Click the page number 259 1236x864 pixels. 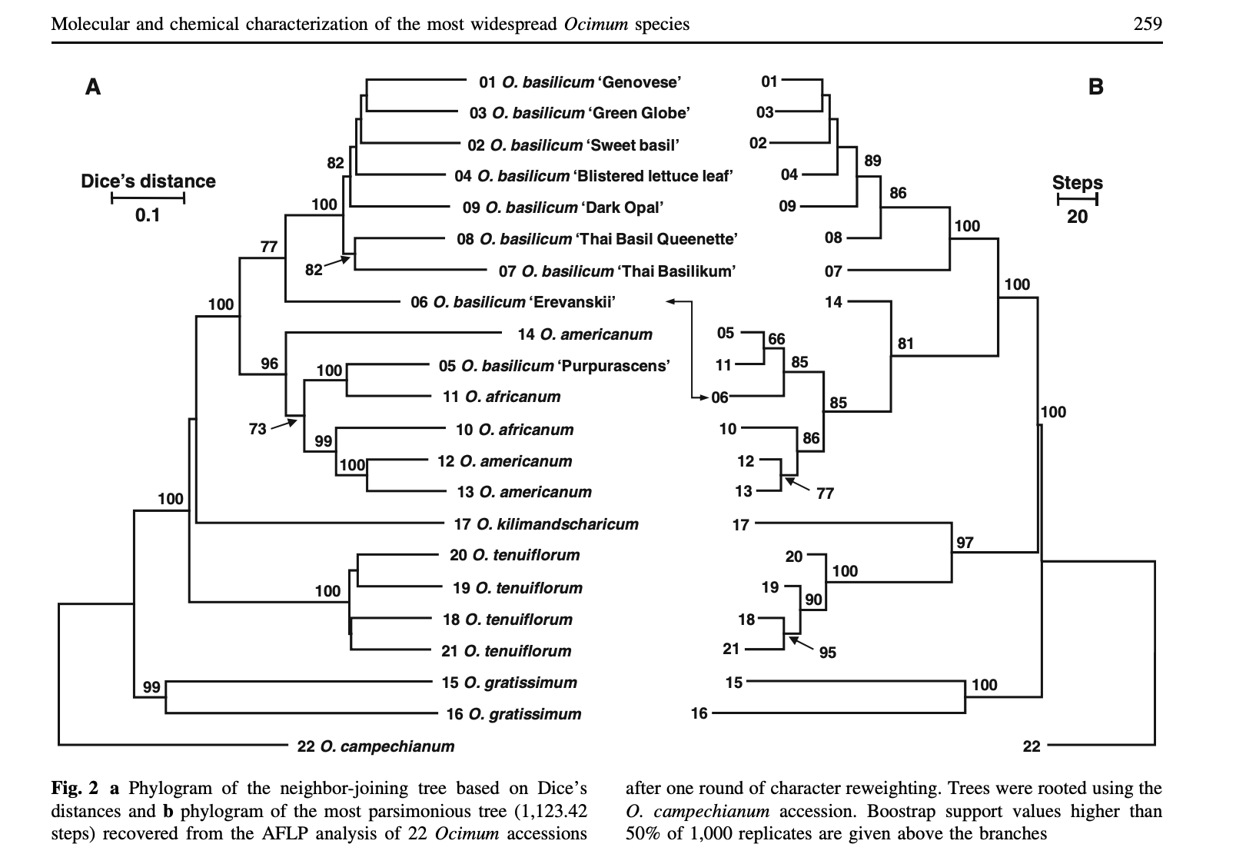pos(1148,24)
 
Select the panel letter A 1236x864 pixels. pos(93,87)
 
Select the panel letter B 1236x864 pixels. pos(1095,87)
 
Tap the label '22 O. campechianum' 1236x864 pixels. pos(375,746)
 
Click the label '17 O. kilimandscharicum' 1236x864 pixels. pos(546,524)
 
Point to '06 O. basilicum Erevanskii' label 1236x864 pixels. pos(513,302)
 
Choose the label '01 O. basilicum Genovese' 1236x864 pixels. pos(580,81)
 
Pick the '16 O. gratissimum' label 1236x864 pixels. pos(513,714)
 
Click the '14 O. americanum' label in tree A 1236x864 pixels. pos(585,334)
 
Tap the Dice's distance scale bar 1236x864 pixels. pos(148,200)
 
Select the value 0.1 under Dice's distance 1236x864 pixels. pos(147,216)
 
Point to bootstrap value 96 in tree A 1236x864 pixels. pos(269,364)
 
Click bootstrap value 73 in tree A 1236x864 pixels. pos(257,429)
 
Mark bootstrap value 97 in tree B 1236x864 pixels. pos(965,543)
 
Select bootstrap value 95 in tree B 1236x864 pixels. pos(827,653)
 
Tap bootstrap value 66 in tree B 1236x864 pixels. pos(776,339)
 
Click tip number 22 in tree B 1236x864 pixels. pos(1031,746)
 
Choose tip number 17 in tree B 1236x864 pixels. pos(740,525)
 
